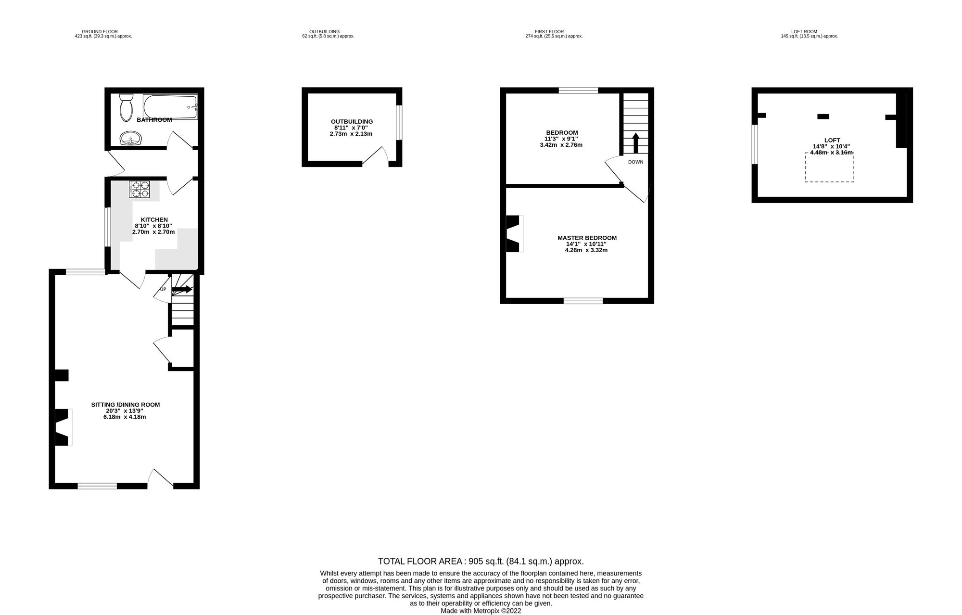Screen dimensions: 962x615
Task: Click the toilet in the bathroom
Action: coord(127,106)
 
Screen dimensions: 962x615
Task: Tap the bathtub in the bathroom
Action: coord(170,107)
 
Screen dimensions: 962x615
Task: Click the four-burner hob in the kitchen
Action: coord(139,189)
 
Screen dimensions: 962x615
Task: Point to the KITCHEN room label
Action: coord(154,220)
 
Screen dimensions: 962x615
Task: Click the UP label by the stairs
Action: coord(163,289)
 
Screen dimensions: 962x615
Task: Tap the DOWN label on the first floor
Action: coord(635,162)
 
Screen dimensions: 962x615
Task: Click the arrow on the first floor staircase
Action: coord(635,143)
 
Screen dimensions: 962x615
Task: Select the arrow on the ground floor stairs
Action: coord(182,289)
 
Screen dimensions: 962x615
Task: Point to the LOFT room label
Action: coord(832,141)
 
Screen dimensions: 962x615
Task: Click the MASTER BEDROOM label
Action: coord(587,238)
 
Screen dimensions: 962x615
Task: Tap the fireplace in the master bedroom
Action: coord(514,234)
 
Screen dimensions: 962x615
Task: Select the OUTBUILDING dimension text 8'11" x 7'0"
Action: coord(352,128)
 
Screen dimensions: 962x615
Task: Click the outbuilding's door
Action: coord(375,156)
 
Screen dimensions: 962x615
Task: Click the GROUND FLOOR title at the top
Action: coord(100,32)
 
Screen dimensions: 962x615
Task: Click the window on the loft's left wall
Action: coord(755,144)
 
